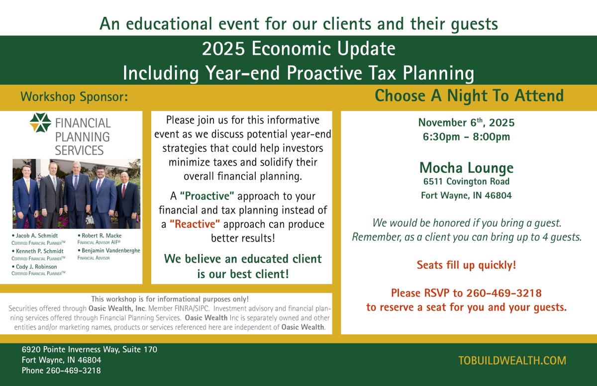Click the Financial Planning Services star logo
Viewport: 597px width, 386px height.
click(x=40, y=122)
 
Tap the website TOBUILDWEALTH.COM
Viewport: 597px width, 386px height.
click(x=512, y=361)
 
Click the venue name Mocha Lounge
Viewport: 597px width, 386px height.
click(x=467, y=168)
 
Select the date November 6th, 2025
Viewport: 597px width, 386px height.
click(x=467, y=122)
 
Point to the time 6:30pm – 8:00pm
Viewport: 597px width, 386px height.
click(x=467, y=137)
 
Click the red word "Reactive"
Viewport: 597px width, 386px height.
click(x=195, y=224)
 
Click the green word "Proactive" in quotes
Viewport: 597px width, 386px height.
click(x=207, y=196)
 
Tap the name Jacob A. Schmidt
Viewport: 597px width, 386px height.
click(x=36, y=235)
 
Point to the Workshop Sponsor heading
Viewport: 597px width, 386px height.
click(x=74, y=96)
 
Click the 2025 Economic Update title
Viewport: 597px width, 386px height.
click(x=298, y=48)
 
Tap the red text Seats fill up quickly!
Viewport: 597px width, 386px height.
click(x=467, y=265)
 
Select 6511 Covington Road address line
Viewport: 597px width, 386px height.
click(x=467, y=182)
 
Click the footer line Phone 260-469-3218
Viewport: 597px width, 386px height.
click(x=61, y=371)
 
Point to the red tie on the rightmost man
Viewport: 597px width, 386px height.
click(x=124, y=190)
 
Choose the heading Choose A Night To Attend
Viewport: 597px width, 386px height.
click(x=469, y=96)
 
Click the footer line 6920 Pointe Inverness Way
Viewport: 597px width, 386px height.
click(x=90, y=349)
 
